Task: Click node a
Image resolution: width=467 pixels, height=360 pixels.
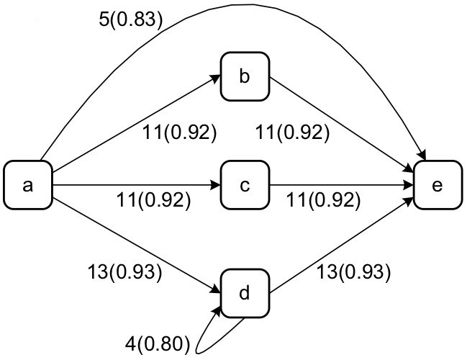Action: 28,186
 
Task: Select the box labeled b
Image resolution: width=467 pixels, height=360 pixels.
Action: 244,76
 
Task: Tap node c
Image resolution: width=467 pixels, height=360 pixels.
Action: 244,186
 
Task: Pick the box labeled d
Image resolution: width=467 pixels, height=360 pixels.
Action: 244,294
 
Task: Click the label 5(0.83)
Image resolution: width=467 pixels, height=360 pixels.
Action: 130,19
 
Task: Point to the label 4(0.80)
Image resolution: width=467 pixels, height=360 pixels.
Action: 157,342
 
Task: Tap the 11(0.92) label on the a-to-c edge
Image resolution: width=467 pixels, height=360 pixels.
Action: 153,199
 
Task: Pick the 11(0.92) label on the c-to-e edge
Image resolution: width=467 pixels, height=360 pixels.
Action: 322,199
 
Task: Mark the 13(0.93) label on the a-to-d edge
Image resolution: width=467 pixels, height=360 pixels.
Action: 124,271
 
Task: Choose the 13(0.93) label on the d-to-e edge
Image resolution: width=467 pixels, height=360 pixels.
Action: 353,271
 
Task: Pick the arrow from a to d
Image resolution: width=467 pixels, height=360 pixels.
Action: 137,240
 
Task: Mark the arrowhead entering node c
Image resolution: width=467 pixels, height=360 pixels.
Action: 215,186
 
